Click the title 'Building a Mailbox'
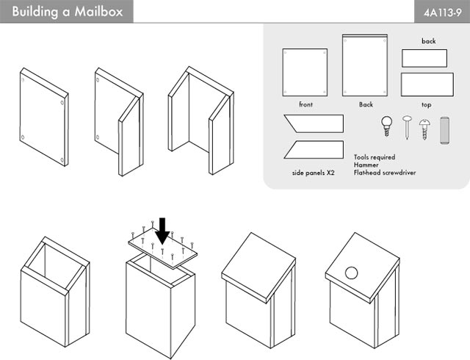click(x=68, y=12)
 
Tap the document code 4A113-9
click(x=442, y=13)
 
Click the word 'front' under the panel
click(x=305, y=104)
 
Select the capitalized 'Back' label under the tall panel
click(x=366, y=104)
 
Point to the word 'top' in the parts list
click(x=426, y=105)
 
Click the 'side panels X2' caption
click(x=314, y=173)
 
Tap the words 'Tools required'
click(x=375, y=157)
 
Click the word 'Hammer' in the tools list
click(x=366, y=165)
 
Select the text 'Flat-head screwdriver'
click(x=385, y=173)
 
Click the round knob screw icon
click(x=387, y=126)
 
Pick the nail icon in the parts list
click(x=407, y=127)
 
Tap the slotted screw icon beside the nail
click(x=424, y=129)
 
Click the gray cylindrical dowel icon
click(x=444, y=131)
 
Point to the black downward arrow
click(x=163, y=231)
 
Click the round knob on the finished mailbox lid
click(x=351, y=273)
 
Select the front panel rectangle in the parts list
click(x=305, y=72)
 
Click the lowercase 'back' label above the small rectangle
click(x=429, y=41)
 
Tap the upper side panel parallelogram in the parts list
click(x=314, y=123)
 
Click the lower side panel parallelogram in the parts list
click(x=314, y=149)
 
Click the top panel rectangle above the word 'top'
click(x=427, y=84)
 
